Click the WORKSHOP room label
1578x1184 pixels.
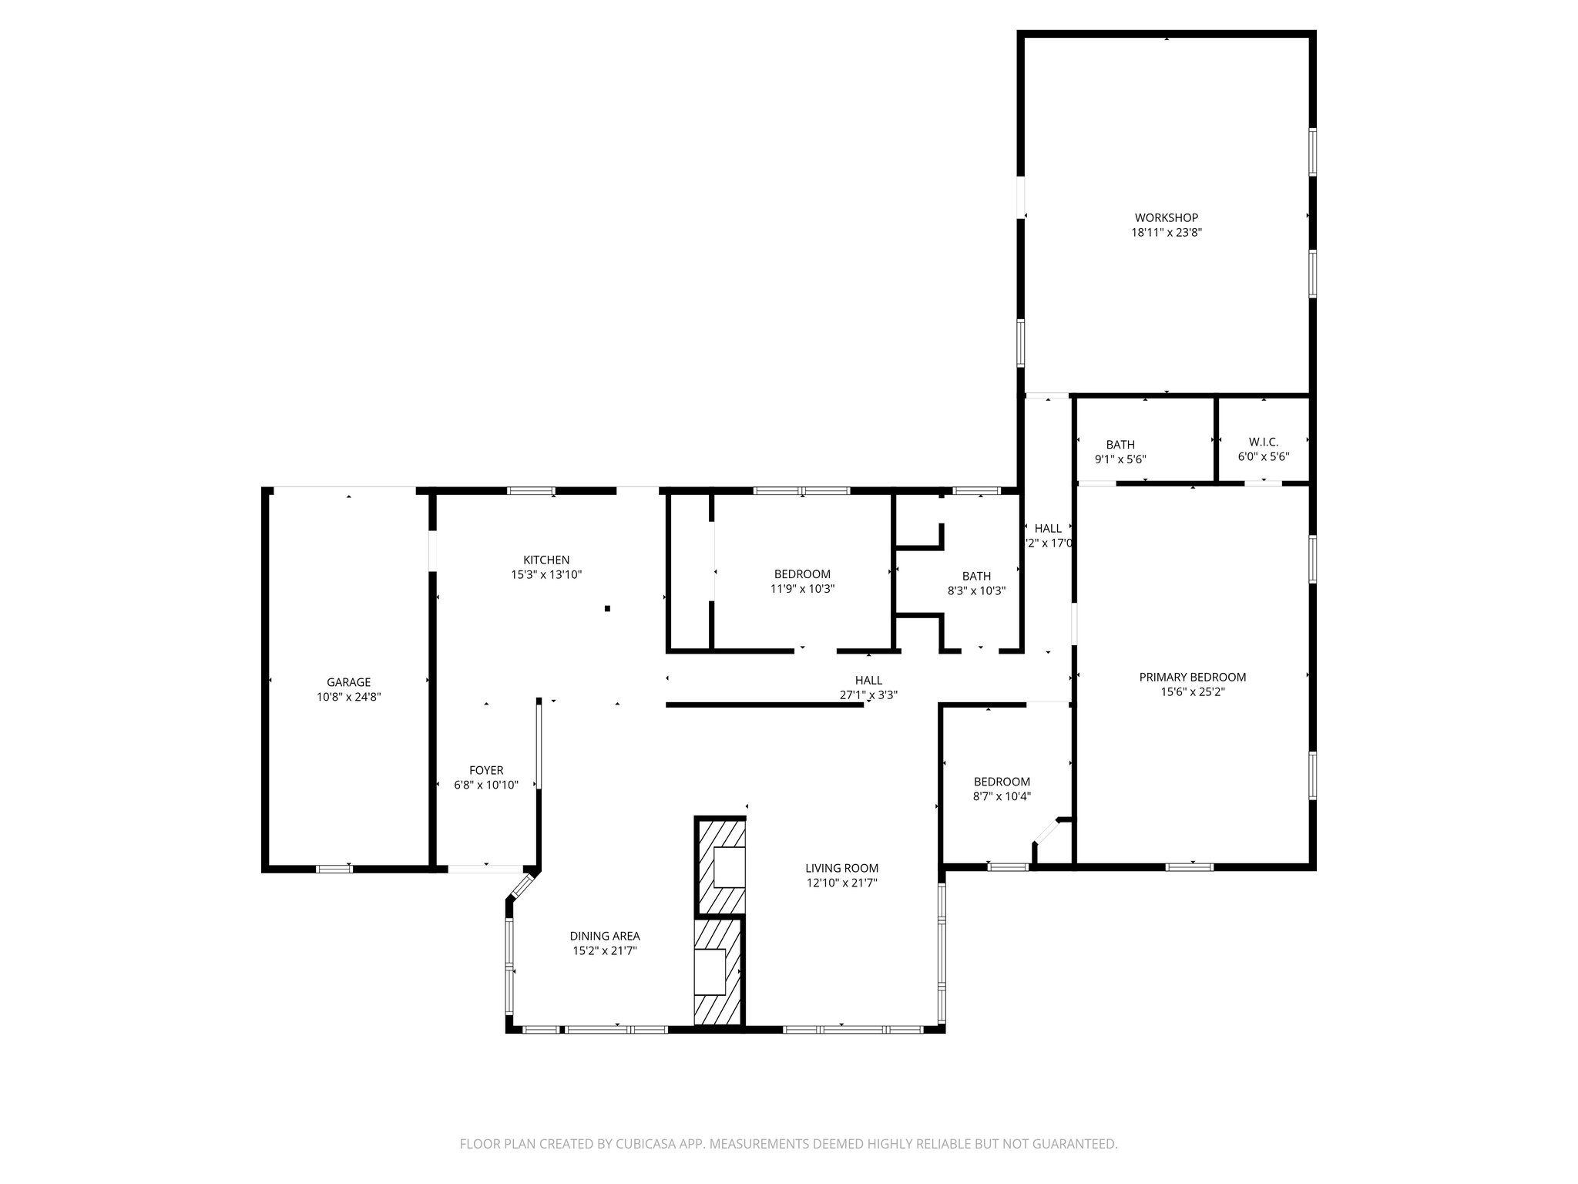click(x=1166, y=218)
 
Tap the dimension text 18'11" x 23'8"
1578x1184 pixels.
click(x=1166, y=232)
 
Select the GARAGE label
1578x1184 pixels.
click(x=348, y=682)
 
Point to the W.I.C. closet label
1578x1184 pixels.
click(x=1263, y=442)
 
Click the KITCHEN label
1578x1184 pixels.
click(x=546, y=560)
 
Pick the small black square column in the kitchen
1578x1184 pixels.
click(x=607, y=609)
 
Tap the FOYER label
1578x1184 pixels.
click(x=486, y=770)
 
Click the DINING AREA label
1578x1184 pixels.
click(x=605, y=936)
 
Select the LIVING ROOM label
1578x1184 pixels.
click(x=841, y=868)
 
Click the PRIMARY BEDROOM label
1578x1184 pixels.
click(x=1192, y=678)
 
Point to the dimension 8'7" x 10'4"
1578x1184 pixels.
click(x=1002, y=796)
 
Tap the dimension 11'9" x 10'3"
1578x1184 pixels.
click(x=802, y=588)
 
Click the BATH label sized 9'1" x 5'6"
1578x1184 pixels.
click(x=1120, y=445)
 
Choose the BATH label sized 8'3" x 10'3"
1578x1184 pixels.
click(x=976, y=576)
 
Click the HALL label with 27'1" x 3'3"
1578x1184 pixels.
click(x=868, y=680)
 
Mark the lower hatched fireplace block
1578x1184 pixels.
click(x=717, y=971)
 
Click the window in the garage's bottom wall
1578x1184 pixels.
click(x=334, y=869)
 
